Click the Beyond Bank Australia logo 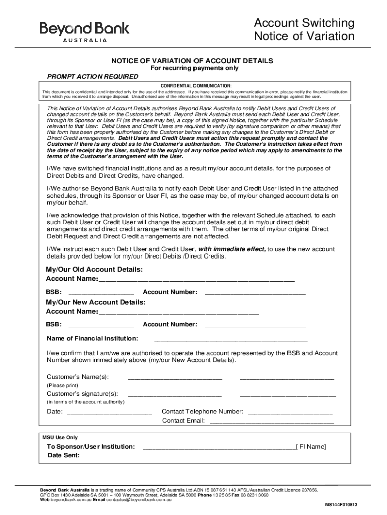(84, 31)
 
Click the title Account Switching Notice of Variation (304, 30)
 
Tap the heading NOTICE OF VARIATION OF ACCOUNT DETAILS (192, 61)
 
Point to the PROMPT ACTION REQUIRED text (92, 77)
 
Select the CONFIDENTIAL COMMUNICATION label (196, 85)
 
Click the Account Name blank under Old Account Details (197, 279)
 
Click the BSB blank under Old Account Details (101, 292)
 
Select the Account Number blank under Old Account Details (255, 292)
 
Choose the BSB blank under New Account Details (101, 325)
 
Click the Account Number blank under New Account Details (255, 325)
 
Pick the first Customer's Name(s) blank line (174, 377)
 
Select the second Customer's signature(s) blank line (287, 394)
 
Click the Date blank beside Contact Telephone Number (109, 412)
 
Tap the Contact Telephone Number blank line (291, 412)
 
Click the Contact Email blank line (271, 421)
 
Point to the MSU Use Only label (60, 437)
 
